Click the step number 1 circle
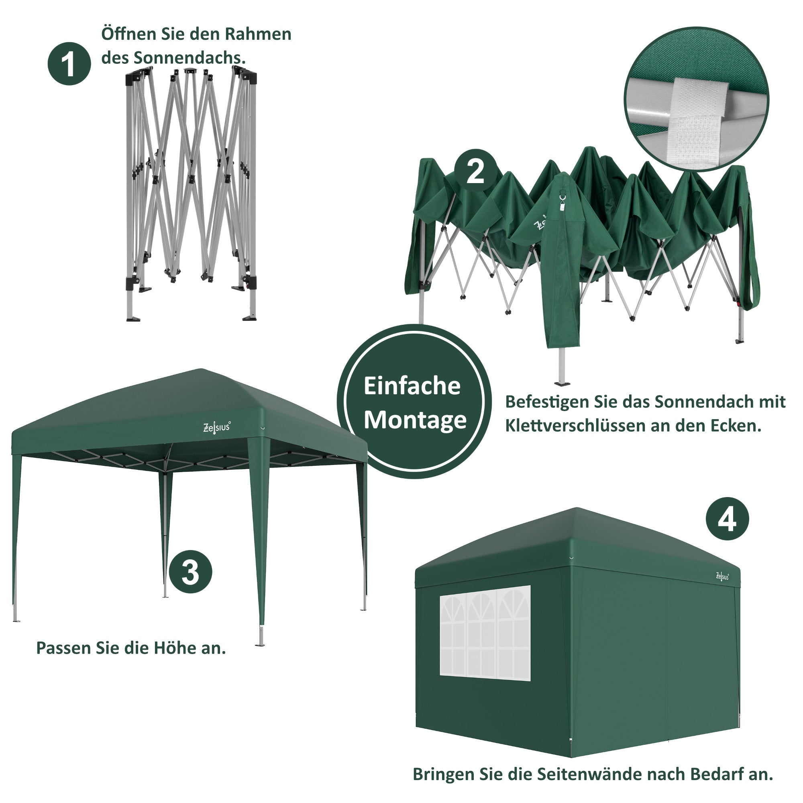click(69, 63)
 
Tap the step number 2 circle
click(475, 170)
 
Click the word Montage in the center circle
click(415, 420)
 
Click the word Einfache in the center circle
click(412, 386)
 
